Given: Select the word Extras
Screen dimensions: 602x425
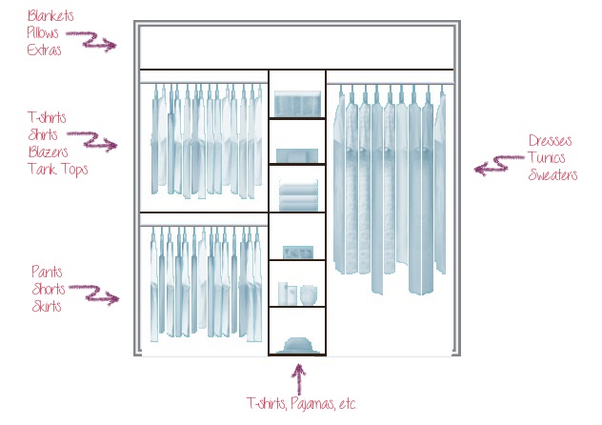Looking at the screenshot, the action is pyautogui.click(x=44, y=50).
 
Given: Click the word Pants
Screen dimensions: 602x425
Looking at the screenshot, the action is pyautogui.click(x=47, y=272).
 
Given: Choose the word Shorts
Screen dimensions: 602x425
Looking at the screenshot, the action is pyautogui.click(x=49, y=289).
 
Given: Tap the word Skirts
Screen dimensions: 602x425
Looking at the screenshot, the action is pyautogui.click(x=47, y=306).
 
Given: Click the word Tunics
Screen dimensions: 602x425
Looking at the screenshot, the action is pyautogui.click(x=547, y=158).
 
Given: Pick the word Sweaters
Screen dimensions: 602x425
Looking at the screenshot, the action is pyautogui.click(x=552, y=175).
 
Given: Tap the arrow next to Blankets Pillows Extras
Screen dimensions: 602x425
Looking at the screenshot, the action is pyautogui.click(x=98, y=41).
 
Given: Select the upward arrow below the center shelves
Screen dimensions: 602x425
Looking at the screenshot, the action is pyautogui.click(x=297, y=379).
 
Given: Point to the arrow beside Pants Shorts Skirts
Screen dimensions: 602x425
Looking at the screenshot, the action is pyautogui.click(x=101, y=294).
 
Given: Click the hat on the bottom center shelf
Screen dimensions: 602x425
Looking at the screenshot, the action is pyautogui.click(x=297, y=344).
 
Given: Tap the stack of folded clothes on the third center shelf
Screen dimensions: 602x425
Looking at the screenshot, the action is pyautogui.click(x=297, y=196).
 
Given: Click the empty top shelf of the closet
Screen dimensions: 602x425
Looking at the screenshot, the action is pyautogui.click(x=295, y=47).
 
